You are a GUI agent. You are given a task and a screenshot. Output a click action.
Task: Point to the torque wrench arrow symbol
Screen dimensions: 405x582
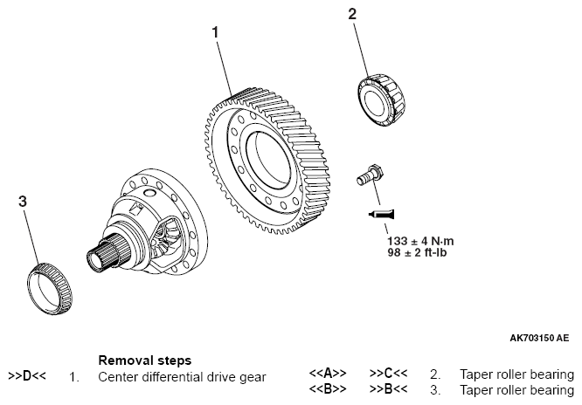382,213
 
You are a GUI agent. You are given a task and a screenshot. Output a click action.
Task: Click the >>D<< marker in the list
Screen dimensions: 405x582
26,376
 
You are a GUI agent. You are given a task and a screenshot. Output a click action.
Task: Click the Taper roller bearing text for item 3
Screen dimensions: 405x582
516,389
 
